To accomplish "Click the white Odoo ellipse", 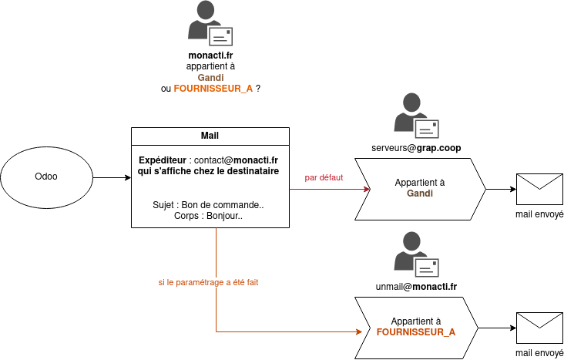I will (46, 177).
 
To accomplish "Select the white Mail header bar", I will (210, 136).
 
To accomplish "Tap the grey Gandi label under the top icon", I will (210, 77).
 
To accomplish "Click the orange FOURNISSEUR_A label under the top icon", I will (213, 89).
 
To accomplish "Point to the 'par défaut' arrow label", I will (324, 177).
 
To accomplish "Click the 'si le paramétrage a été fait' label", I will (208, 283).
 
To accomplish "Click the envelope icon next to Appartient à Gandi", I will (539, 189).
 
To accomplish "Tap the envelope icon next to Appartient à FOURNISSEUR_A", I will (539, 328).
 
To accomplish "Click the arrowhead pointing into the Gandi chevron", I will (359, 189).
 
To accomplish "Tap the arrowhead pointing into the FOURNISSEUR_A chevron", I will (358, 331).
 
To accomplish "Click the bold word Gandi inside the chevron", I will (420, 194).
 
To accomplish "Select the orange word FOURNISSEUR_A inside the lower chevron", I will (416, 332).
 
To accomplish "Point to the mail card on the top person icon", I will (220, 36).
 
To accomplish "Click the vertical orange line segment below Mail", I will (216, 262).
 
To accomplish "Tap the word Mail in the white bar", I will (210, 136).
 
